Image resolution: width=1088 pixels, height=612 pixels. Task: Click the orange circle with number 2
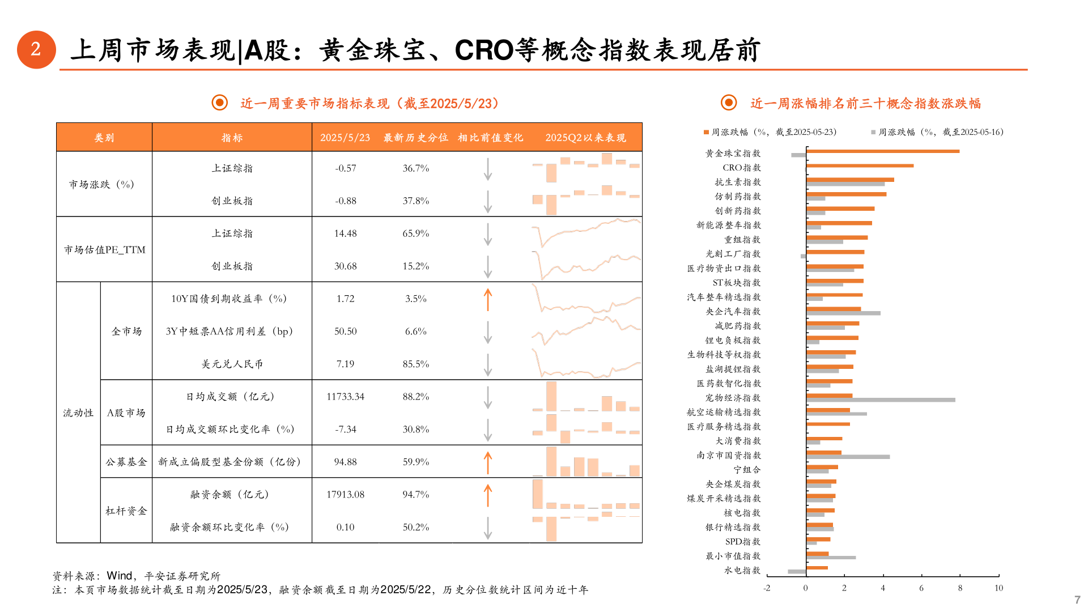tap(36, 50)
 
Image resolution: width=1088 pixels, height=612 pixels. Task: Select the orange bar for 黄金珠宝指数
tap(882, 151)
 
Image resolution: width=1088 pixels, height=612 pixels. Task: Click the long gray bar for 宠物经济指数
tap(881, 400)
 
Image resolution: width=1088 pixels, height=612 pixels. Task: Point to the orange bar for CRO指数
tap(860, 165)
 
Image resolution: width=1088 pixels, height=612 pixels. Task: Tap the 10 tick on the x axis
tap(998, 588)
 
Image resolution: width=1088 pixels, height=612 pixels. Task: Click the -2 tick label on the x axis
tap(767, 588)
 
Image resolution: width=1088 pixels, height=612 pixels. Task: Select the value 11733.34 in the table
tap(345, 397)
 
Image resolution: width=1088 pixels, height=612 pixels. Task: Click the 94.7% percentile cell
tap(415, 495)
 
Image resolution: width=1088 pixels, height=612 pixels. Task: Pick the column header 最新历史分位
tap(415, 138)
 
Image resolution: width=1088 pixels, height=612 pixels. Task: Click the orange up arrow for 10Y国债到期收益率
tap(487, 300)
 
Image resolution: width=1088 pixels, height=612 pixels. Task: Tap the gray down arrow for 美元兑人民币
tap(487, 365)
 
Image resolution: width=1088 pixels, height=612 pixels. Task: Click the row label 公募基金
tap(126, 462)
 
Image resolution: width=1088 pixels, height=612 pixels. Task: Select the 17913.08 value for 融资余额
tap(345, 495)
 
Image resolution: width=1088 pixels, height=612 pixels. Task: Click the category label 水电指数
tap(742, 571)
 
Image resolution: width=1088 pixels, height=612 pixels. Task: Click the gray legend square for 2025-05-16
tap(873, 133)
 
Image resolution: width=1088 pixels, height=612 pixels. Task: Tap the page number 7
tap(1077, 600)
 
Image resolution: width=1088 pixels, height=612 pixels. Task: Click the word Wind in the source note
tap(120, 576)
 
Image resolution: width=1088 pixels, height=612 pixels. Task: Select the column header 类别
tap(104, 138)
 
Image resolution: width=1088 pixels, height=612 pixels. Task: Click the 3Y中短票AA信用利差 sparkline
tap(586, 331)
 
